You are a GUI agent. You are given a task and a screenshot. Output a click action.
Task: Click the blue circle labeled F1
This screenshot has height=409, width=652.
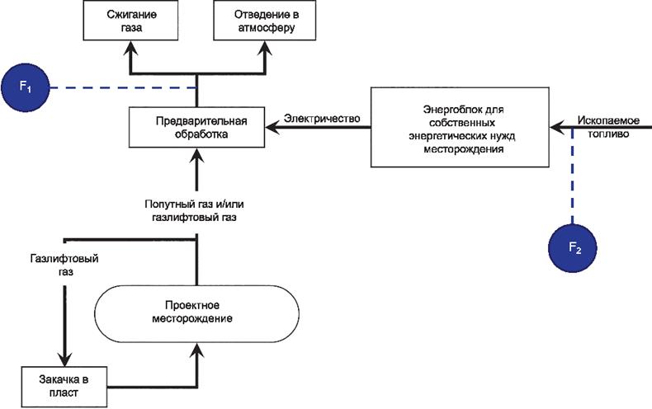[26, 87]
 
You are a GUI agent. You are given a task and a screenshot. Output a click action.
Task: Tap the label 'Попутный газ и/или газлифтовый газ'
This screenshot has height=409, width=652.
[196, 209]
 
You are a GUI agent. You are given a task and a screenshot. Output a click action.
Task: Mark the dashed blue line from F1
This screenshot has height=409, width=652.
[124, 87]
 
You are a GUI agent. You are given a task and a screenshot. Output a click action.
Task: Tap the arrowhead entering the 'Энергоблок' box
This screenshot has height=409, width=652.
[556, 127]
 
